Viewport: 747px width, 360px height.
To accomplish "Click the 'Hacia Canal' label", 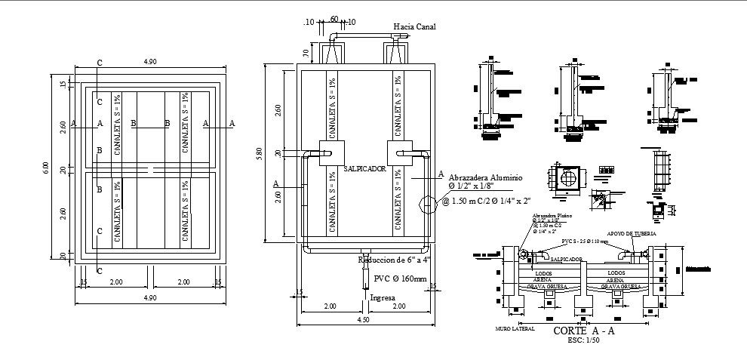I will pos(414,26).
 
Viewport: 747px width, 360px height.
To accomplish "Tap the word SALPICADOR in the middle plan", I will pos(364,169).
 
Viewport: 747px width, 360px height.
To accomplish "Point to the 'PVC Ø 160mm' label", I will pos(400,278).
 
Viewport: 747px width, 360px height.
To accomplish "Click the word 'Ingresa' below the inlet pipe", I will pos(383,297).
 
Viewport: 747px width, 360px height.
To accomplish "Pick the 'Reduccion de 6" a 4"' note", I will pos(394,260).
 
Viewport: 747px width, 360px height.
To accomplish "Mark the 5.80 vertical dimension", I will pos(259,153).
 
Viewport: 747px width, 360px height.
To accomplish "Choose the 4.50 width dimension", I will pos(364,319).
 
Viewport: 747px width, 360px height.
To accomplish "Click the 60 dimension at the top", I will pos(333,20).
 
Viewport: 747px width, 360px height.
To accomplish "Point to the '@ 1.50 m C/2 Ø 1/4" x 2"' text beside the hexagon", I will pos(486,201).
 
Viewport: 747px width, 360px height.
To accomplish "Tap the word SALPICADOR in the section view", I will pos(565,259).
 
